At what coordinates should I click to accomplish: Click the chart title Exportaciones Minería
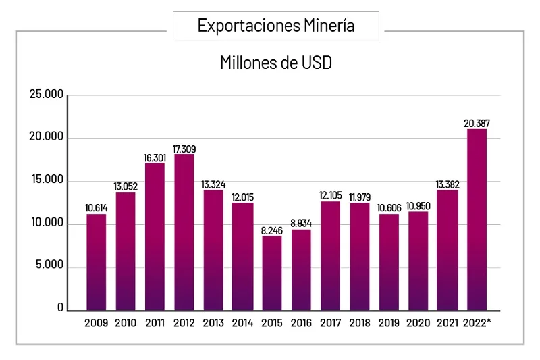(276, 26)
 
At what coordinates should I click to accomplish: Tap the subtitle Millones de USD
(276, 63)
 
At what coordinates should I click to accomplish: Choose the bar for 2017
(331, 255)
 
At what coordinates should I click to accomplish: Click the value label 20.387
(477, 123)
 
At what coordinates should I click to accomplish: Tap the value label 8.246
(272, 230)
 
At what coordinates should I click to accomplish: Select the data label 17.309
(184, 149)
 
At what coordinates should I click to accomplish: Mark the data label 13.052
(126, 187)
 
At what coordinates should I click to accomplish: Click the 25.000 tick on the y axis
(46, 95)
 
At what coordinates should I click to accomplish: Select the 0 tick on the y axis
(60, 308)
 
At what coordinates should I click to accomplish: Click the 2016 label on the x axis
(301, 323)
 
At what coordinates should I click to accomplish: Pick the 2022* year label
(478, 323)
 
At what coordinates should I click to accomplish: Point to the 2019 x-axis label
(389, 323)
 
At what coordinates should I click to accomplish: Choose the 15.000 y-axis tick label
(46, 180)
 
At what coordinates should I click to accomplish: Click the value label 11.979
(360, 197)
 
